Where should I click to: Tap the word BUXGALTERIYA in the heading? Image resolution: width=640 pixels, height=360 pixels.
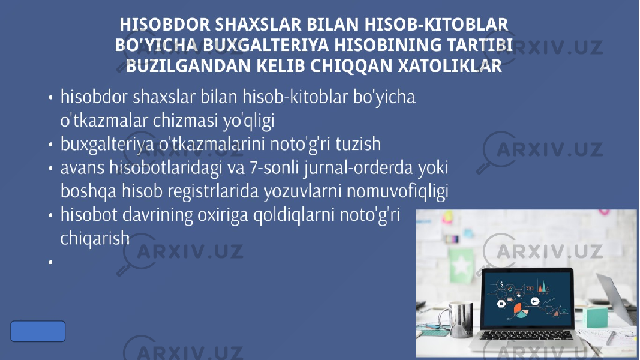(x=265, y=45)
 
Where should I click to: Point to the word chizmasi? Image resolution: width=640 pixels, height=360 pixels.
(x=185, y=121)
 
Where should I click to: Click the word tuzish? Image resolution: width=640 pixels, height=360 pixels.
(x=358, y=143)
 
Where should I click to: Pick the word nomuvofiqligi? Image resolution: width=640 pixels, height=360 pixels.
(x=398, y=191)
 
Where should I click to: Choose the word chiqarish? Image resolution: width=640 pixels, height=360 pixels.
(x=95, y=238)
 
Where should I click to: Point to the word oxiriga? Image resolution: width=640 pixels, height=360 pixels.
(x=223, y=215)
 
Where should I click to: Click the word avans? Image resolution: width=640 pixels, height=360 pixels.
(x=83, y=168)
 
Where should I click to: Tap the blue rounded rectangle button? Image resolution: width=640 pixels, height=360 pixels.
(x=38, y=331)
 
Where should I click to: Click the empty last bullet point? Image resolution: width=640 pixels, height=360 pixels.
(x=50, y=262)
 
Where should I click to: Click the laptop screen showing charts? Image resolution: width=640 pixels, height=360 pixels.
(x=527, y=298)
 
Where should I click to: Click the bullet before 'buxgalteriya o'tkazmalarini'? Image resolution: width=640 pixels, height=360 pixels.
(x=50, y=145)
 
